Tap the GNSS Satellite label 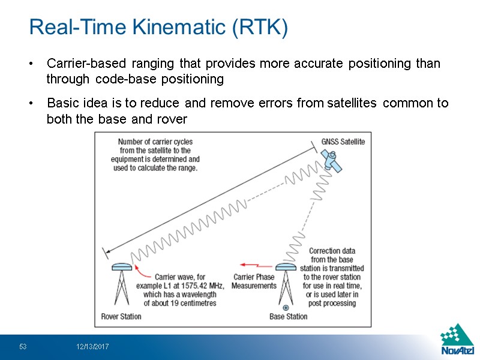click(343, 142)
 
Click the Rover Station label click(121, 316)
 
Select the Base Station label click(288, 316)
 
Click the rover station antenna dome click(121, 268)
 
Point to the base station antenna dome click(286, 268)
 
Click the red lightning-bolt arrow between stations click(251, 264)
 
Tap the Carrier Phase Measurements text click(254, 281)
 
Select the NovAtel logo click(457, 340)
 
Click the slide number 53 click(23, 347)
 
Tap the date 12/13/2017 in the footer click(92, 347)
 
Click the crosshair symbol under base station click(286, 307)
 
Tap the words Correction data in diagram click(332, 251)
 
